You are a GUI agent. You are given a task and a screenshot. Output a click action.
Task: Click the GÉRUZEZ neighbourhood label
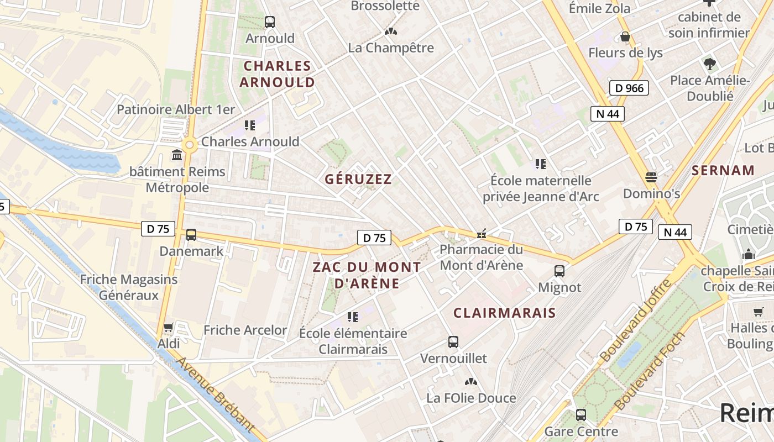tap(358, 179)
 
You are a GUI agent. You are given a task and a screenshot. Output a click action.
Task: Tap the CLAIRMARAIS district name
tap(504, 313)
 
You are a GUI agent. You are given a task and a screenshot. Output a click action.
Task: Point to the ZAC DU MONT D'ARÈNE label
tap(367, 275)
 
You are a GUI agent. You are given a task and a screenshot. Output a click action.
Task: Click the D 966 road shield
tap(629, 88)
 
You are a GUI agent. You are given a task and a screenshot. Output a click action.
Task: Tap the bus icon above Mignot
tap(559, 271)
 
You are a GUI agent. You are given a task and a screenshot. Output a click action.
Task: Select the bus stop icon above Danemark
tap(191, 235)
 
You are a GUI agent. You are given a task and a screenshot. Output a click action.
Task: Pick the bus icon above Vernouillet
tap(453, 342)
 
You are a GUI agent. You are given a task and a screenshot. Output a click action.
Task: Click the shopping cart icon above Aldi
tap(169, 328)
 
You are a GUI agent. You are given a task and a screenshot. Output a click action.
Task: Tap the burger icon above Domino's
tap(651, 177)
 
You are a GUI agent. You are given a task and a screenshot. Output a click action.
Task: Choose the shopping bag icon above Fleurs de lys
tap(625, 36)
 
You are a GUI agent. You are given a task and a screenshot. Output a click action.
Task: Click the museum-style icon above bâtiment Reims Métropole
tap(177, 155)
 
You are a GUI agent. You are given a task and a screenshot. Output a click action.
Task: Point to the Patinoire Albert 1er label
tap(176, 109)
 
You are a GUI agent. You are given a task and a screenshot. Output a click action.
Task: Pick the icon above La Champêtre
tap(391, 31)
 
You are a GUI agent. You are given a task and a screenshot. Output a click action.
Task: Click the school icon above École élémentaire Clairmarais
tap(353, 317)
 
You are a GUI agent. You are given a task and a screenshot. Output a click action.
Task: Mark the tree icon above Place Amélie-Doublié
tap(710, 64)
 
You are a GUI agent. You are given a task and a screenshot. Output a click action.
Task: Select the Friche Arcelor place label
tap(245, 330)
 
